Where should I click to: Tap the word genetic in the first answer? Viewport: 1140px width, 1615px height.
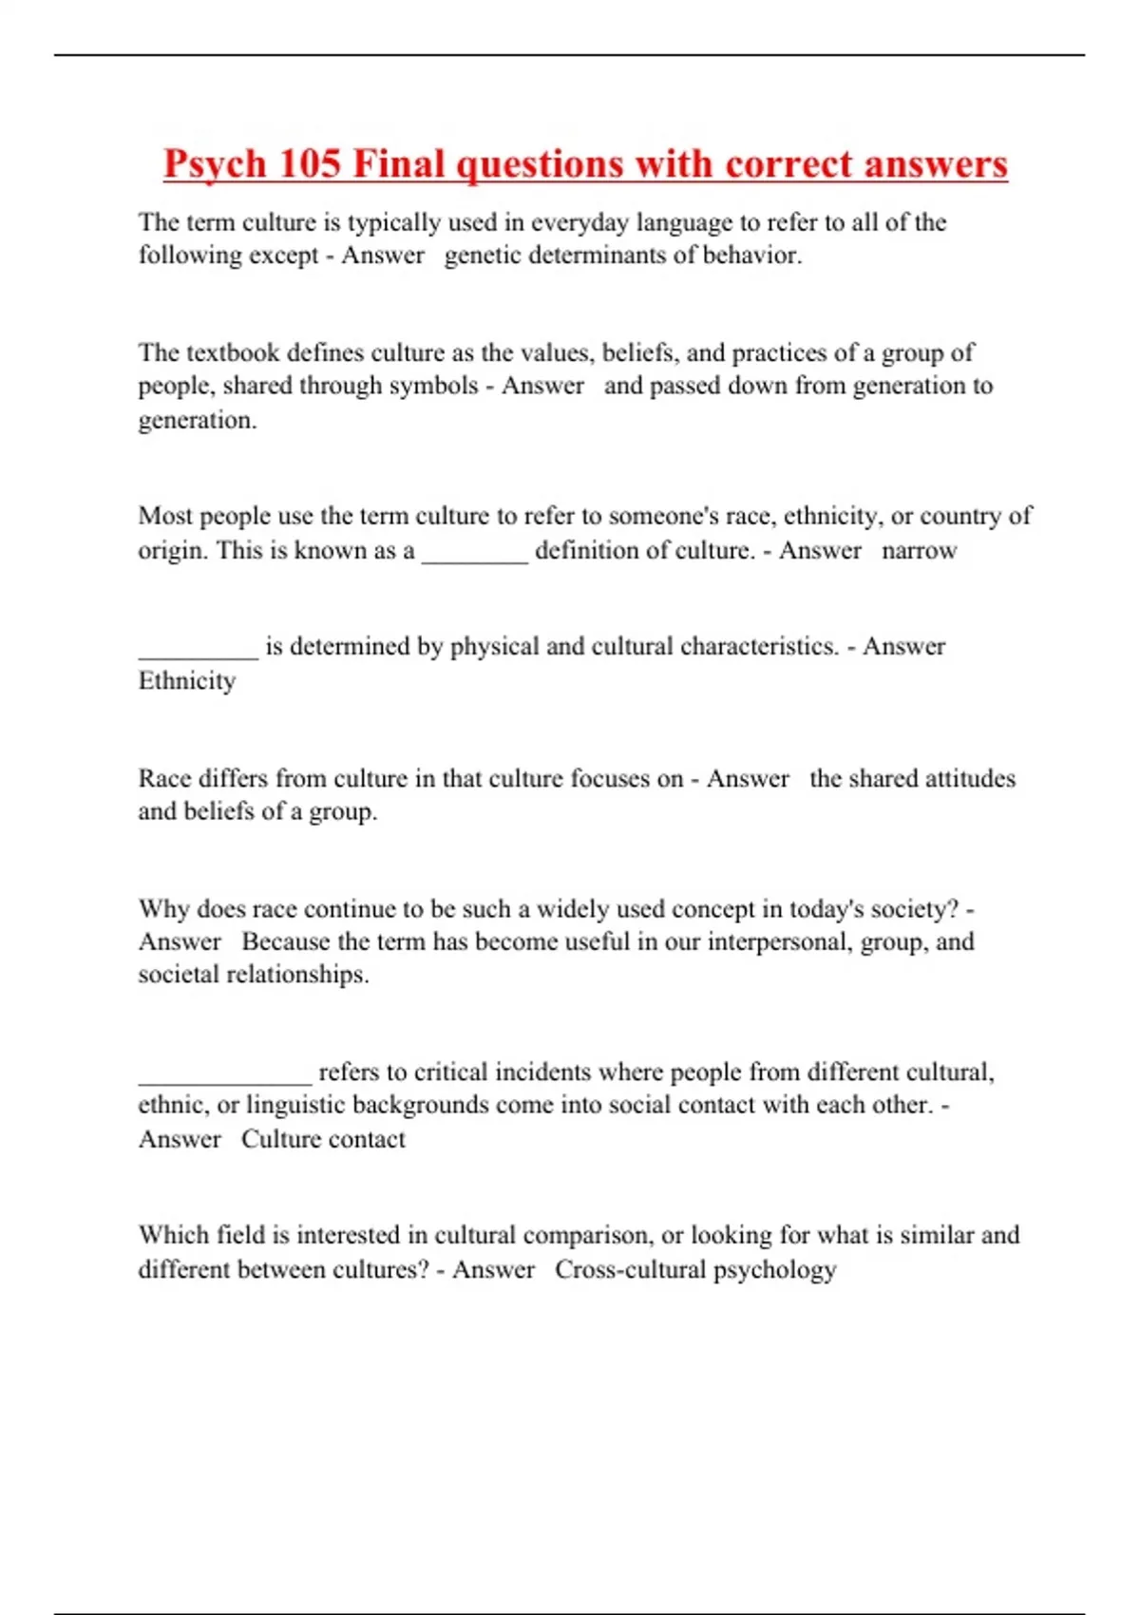point(482,256)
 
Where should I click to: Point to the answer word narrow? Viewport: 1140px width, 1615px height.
point(919,551)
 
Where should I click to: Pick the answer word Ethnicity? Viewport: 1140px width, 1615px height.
point(187,681)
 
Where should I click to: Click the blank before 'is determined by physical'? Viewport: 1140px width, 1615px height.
point(198,650)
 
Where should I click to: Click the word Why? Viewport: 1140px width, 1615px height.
point(163,909)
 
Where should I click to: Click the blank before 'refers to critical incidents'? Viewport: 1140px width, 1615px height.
point(224,1075)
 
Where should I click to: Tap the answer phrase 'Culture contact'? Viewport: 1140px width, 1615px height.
point(323,1139)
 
